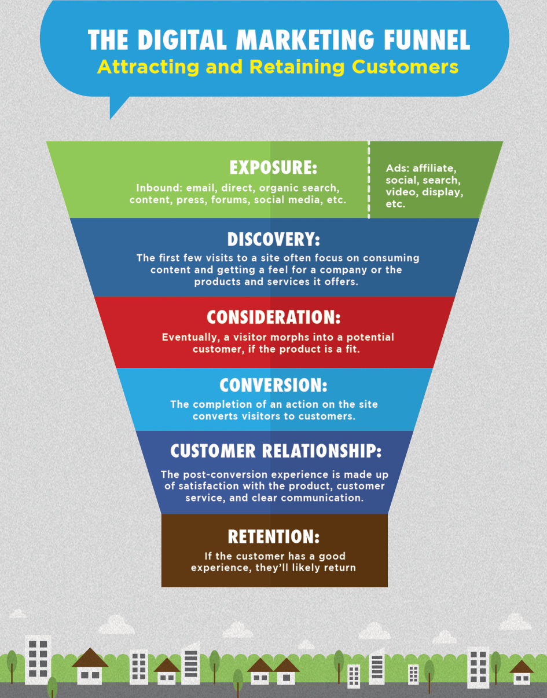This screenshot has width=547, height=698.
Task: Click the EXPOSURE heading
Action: tap(273, 167)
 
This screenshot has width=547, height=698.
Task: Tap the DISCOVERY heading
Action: tap(273, 239)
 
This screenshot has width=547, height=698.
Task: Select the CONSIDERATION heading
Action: tap(273, 317)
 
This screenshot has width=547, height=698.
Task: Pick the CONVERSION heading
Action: tap(273, 385)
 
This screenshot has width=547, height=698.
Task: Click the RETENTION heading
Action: tap(273, 536)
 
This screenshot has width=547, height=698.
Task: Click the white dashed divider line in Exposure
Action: tap(369, 180)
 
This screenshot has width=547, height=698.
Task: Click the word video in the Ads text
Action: tap(399, 192)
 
